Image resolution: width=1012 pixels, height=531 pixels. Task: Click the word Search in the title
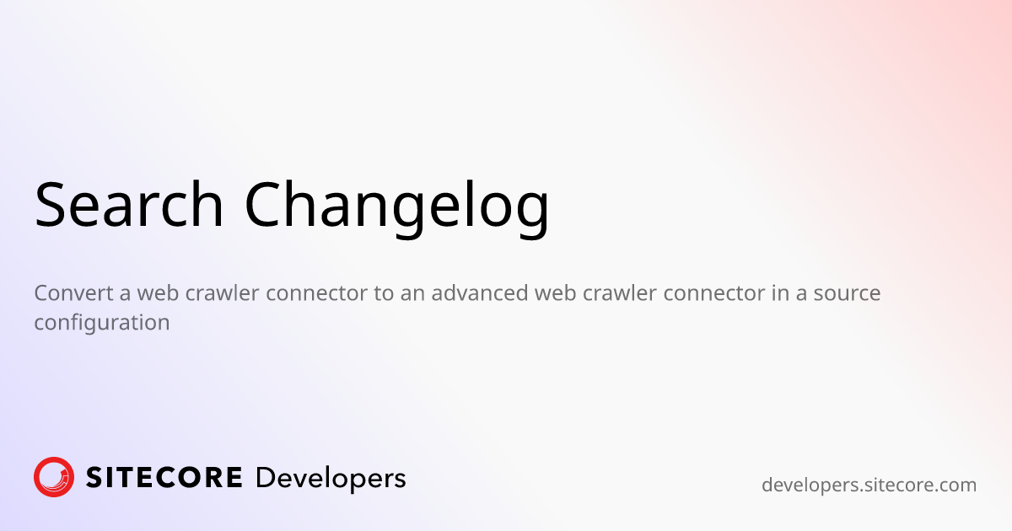(129, 205)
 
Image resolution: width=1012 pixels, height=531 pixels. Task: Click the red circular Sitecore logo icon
(54, 477)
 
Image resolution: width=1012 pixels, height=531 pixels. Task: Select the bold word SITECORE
(164, 478)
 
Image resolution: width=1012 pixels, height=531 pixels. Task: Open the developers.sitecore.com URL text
(869, 485)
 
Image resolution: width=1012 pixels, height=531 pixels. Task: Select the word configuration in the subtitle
(102, 322)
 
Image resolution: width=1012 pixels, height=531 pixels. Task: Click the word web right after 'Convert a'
(156, 293)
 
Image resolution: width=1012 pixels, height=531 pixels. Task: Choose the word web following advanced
(555, 293)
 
